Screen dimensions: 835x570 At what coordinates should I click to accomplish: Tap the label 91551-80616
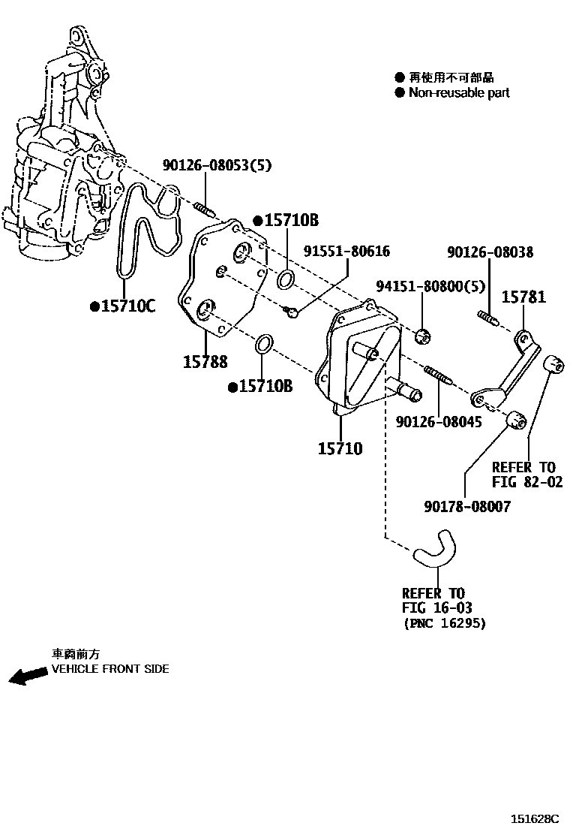pos(346,252)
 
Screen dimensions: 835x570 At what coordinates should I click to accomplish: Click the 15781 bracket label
pos(523,297)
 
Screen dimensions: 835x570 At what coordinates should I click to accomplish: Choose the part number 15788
pos(205,362)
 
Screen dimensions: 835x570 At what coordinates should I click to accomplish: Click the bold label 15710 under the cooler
pos(340,449)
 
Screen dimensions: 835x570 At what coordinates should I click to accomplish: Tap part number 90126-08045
pos(439,423)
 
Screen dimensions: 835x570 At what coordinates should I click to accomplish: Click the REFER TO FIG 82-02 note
pos(526,475)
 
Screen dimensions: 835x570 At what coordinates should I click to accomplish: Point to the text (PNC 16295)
pos(444,622)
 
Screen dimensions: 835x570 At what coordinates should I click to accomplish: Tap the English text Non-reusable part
pos(458,92)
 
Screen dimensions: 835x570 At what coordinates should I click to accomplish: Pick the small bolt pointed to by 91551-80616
pos(293,311)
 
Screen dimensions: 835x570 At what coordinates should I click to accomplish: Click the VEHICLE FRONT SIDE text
pos(109,668)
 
